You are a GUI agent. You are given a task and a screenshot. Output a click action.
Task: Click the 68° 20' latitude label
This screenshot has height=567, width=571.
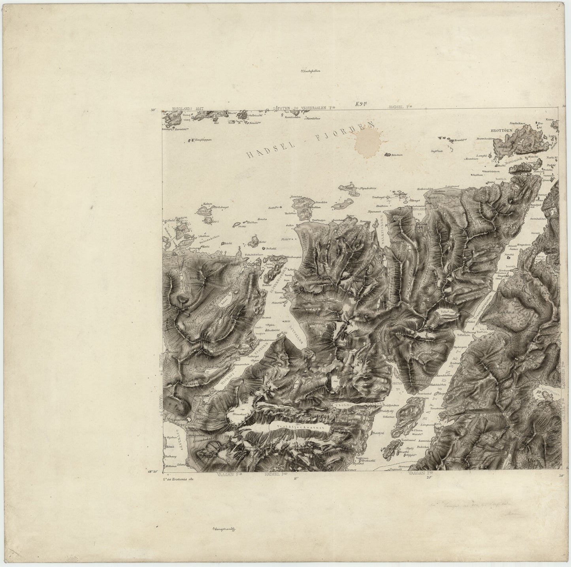153,471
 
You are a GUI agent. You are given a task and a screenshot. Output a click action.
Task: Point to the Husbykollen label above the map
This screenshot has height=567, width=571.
310,72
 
